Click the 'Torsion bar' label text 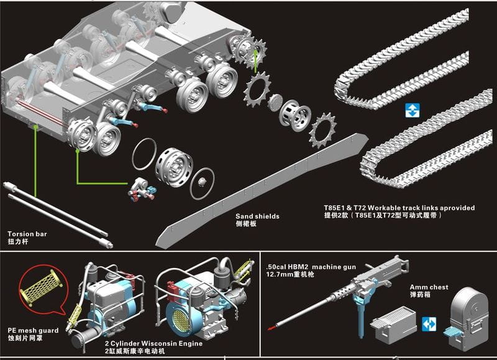click(27, 234)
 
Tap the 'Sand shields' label click(257, 216)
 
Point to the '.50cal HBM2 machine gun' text click(311, 266)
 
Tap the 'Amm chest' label click(426, 287)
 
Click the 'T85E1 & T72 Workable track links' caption click(399, 208)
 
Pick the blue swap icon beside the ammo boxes click(429, 324)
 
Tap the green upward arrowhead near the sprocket click(255, 53)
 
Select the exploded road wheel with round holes click(173, 166)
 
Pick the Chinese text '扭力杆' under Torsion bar click(17, 241)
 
